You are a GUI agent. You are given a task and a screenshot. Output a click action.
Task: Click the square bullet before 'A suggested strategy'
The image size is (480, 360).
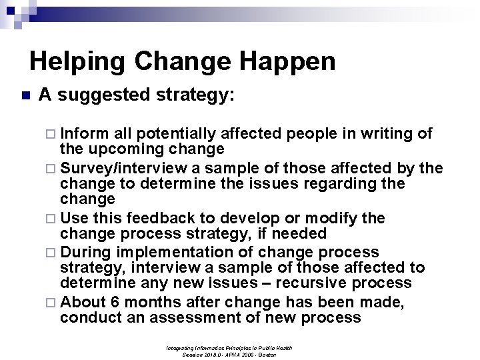click(x=25, y=96)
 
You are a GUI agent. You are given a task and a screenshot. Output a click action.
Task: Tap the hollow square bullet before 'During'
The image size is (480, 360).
click(x=53, y=252)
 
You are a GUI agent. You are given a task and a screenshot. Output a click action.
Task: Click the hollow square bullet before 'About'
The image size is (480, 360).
click(x=53, y=301)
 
